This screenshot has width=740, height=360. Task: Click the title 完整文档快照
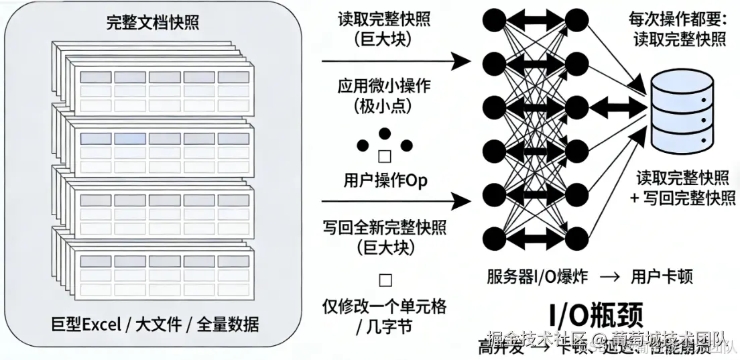pos(153,23)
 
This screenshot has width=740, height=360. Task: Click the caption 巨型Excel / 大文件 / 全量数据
pos(155,325)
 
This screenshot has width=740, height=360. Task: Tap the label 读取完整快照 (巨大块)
pos(384,28)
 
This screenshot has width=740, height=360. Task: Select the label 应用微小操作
pos(384,86)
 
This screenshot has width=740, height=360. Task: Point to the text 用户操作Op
pos(385,180)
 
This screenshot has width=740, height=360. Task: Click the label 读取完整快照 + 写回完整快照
pos(680,188)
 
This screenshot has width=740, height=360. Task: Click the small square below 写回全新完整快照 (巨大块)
pos(385,280)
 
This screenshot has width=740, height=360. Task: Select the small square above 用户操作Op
pos(385,156)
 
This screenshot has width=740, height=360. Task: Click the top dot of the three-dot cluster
pos(385,133)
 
